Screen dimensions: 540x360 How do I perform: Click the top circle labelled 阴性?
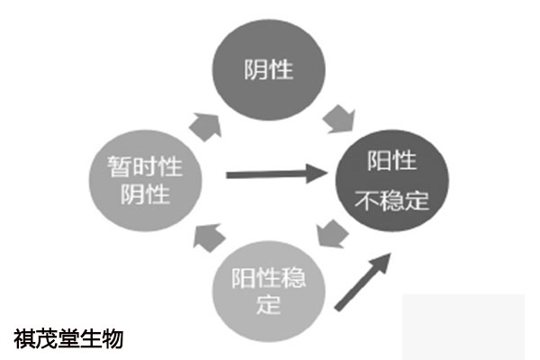pos(268,70)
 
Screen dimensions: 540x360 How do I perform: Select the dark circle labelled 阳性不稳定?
pos(392,181)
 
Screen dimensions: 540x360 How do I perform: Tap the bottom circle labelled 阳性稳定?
pos(268,291)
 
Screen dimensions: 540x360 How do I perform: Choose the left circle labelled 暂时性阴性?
pos(145,181)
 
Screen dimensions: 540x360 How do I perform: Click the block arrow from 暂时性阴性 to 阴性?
pos(206,126)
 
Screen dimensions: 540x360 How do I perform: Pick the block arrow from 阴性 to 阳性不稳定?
pos(339,119)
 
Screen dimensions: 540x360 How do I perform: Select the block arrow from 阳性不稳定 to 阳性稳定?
pos(332,234)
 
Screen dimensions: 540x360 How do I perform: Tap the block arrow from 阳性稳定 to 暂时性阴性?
pos(209,238)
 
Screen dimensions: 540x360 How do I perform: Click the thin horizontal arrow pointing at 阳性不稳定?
pos(277,174)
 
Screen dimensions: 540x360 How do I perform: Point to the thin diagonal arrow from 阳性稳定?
pos(363,282)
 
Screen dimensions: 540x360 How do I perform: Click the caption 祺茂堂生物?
pos(68,339)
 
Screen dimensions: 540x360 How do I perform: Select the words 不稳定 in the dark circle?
pos(392,201)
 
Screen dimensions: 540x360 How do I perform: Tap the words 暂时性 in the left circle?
pos(145,166)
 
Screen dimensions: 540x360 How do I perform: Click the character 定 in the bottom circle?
pos(268,304)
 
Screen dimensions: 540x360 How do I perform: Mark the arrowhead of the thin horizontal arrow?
pos(317,174)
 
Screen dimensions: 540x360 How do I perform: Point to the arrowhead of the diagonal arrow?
pos(382,263)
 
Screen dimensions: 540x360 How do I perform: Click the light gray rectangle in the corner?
pos(463,327)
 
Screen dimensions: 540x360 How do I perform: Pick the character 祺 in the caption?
pos(25,339)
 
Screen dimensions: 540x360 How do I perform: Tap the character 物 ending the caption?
pos(112,339)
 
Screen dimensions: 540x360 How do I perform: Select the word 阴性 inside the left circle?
pos(145,194)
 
